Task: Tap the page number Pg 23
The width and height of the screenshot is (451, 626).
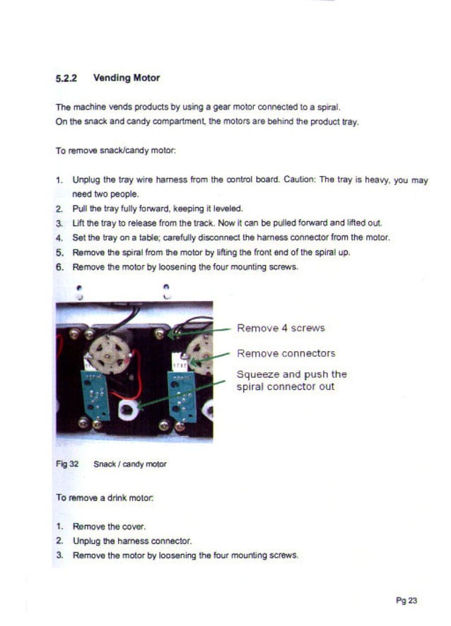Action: tap(406, 601)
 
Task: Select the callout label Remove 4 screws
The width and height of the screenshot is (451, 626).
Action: tap(281, 328)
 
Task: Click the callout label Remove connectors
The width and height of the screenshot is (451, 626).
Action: tap(286, 353)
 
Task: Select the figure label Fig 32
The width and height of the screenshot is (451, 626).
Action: tap(66, 464)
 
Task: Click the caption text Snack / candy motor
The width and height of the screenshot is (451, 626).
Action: tap(130, 464)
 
